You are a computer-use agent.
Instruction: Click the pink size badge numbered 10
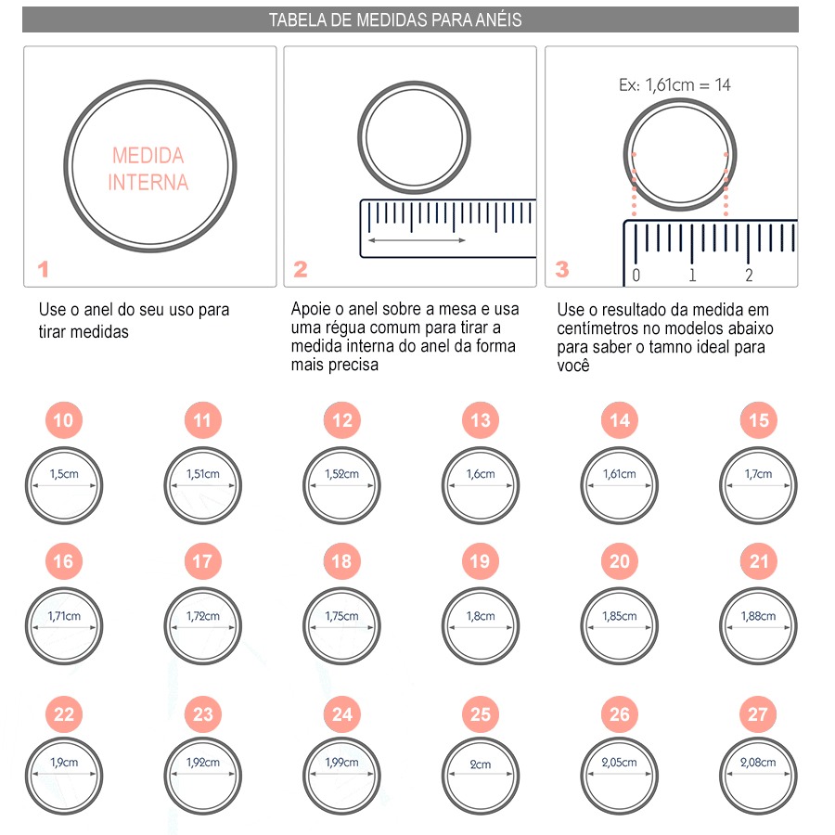(x=63, y=420)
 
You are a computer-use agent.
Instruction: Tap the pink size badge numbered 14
(x=620, y=420)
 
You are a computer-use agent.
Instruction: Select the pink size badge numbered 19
(x=481, y=560)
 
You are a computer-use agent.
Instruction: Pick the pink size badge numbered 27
(x=758, y=714)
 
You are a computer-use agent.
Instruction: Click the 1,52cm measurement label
(x=341, y=473)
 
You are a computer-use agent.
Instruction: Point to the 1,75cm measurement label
(x=341, y=616)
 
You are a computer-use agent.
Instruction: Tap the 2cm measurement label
(x=481, y=764)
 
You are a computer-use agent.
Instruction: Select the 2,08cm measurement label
(x=758, y=762)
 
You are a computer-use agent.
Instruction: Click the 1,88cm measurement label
(x=758, y=616)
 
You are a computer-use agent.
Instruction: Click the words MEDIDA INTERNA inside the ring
(x=148, y=169)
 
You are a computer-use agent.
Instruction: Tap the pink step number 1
(x=43, y=269)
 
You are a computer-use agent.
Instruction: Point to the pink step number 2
(x=301, y=269)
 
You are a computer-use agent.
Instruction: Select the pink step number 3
(x=562, y=269)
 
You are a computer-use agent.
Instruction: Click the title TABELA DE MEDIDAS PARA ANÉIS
(x=395, y=19)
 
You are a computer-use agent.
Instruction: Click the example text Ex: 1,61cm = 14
(x=674, y=84)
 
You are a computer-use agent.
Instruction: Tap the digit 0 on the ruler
(x=636, y=276)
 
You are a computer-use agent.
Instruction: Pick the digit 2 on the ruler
(x=749, y=276)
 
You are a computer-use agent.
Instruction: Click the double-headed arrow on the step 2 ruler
(x=417, y=240)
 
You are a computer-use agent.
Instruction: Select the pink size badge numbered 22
(x=63, y=714)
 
